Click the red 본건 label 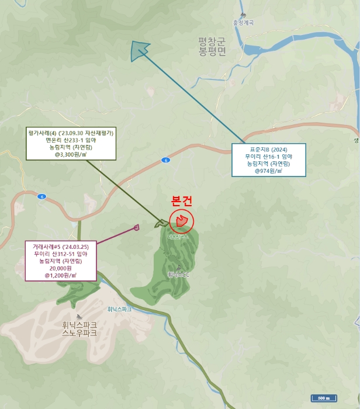(x=181, y=200)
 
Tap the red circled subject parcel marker (x=181, y=221)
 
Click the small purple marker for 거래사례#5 (x=137, y=227)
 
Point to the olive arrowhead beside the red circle (x=161, y=223)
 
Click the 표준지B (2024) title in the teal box (x=268, y=149)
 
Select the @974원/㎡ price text (x=268, y=171)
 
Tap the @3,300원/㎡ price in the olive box (x=71, y=155)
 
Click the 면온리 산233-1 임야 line (x=71, y=140)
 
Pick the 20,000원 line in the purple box (x=61, y=268)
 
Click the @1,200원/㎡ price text (x=61, y=275)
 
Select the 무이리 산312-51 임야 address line (x=61, y=254)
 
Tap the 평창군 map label (x=212, y=41)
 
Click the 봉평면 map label (x=212, y=52)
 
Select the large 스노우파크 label (x=79, y=333)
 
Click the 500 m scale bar (x=323, y=398)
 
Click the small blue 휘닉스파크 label (x=120, y=309)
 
